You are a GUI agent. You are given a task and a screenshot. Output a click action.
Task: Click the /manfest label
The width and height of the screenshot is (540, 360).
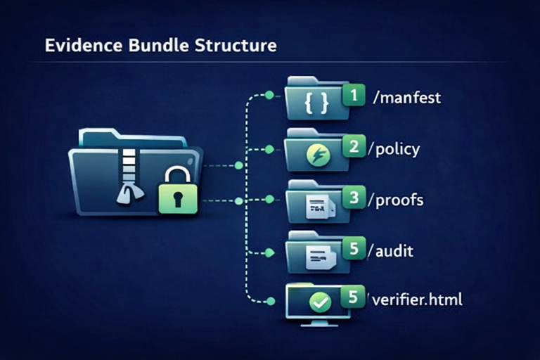(409, 97)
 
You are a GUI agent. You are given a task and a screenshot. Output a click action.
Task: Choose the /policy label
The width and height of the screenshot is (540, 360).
(398, 148)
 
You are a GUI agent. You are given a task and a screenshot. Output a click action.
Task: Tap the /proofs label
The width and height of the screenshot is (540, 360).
(400, 200)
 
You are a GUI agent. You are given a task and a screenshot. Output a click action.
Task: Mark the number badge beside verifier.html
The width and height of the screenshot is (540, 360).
(354, 297)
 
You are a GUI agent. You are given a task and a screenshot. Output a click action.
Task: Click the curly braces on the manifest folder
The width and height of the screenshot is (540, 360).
(316, 104)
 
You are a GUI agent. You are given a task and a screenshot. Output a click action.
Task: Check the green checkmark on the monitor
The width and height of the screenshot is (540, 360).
(321, 303)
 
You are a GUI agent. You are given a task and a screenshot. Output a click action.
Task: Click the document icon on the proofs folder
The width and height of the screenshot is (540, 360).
(319, 205)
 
